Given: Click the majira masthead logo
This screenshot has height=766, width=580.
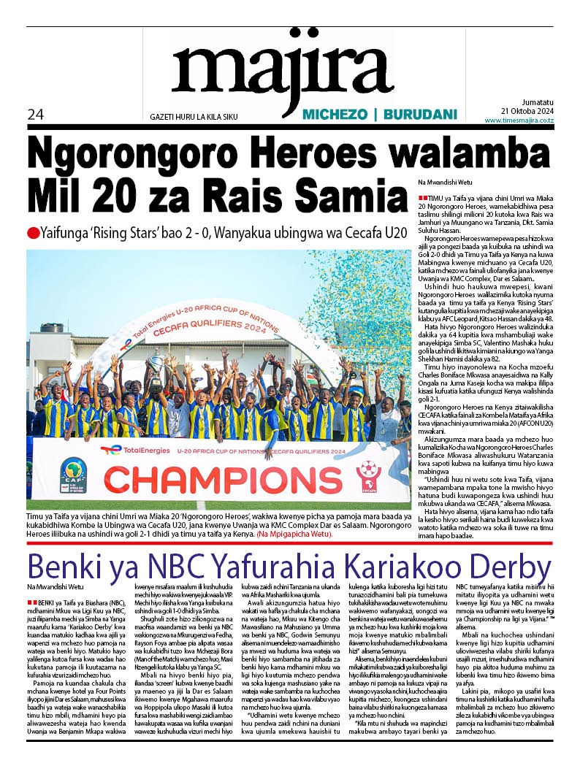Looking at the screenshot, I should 281,69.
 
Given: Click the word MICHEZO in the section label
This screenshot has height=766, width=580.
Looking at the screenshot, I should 333,115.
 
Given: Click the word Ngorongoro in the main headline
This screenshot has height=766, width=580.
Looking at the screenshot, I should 149,154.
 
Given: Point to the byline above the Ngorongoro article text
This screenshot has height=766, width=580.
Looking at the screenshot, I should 445,181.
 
